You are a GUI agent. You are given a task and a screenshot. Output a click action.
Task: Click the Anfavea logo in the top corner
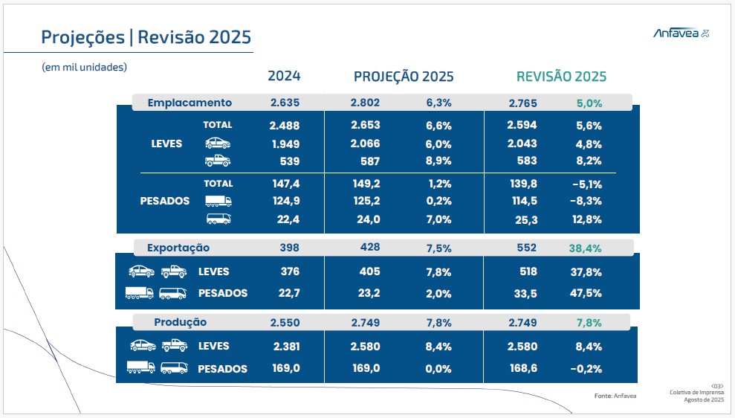point(680,33)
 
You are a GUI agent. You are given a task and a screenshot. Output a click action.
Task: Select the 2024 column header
point(284,76)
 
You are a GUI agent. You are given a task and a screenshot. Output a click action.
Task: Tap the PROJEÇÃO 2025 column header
point(404,77)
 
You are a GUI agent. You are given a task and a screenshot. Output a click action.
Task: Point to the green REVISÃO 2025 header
point(561,77)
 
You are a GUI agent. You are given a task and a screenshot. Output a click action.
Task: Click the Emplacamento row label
point(190,103)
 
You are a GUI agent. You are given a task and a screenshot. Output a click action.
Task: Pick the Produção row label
point(180,322)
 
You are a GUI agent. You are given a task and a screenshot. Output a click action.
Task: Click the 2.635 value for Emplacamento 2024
point(285,103)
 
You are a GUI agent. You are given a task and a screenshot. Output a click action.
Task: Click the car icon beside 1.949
point(218,144)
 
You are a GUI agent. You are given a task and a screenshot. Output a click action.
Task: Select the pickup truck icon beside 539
point(218,161)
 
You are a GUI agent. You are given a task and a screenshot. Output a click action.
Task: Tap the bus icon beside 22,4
point(218,219)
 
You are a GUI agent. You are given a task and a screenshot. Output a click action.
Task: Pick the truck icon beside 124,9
point(218,201)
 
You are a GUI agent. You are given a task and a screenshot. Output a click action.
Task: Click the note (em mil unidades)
point(85,66)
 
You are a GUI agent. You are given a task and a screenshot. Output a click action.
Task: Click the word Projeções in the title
point(82,37)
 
